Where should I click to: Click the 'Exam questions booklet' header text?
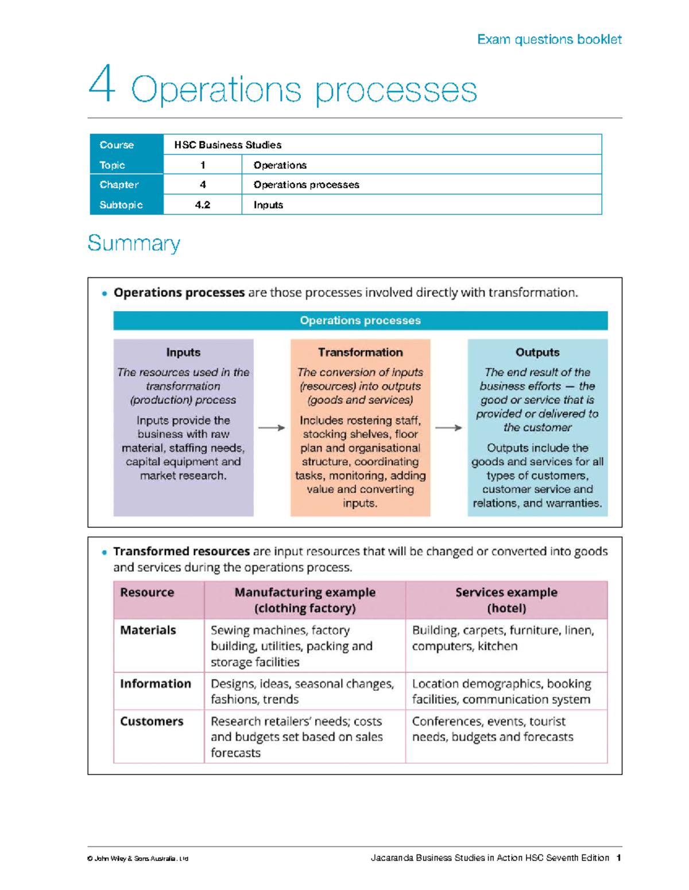pyautogui.click(x=549, y=39)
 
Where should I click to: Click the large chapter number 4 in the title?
pyautogui.click(x=102, y=85)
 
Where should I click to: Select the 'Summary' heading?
pyautogui.click(x=134, y=243)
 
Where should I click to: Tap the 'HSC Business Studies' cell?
pyautogui.click(x=227, y=145)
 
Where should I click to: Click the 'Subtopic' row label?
pyautogui.click(x=121, y=205)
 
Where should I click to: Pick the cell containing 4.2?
pyautogui.click(x=203, y=205)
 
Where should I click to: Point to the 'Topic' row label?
pyautogui.click(x=113, y=165)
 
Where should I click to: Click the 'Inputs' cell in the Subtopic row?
pyautogui.click(x=268, y=205)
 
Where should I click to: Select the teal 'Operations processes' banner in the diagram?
pyautogui.click(x=360, y=320)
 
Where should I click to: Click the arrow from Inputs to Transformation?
pyautogui.click(x=272, y=428)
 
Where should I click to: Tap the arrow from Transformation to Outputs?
pyautogui.click(x=448, y=428)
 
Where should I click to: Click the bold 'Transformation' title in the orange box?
pyautogui.click(x=360, y=353)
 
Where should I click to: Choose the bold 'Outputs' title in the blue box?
pyautogui.click(x=537, y=353)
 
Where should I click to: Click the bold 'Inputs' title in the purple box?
pyautogui.click(x=183, y=353)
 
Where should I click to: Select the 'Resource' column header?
pyautogui.click(x=147, y=593)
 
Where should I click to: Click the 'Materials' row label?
pyautogui.click(x=148, y=630)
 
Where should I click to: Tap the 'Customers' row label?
pyautogui.click(x=152, y=721)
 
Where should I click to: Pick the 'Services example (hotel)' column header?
pyautogui.click(x=506, y=600)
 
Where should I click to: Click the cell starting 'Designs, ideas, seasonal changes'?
pyautogui.click(x=303, y=691)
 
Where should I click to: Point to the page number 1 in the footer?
pyautogui.click(x=618, y=858)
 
